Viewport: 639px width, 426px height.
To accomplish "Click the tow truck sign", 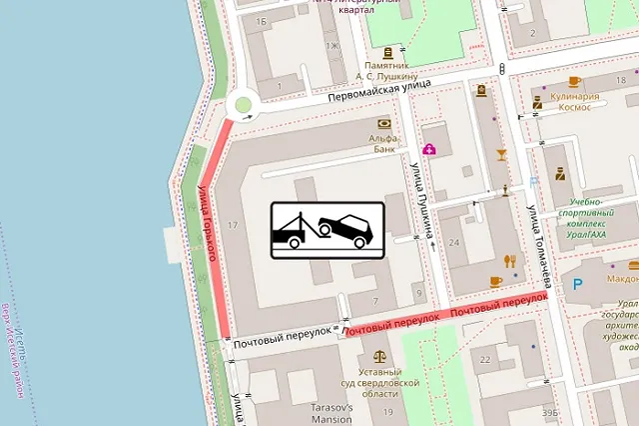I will [326, 230].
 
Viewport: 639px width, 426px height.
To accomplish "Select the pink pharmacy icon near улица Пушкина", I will [429, 150].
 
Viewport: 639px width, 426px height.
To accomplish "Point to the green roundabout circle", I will [242, 105].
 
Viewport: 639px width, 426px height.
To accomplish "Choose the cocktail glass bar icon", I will [501, 154].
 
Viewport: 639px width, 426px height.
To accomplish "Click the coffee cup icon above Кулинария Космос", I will [573, 81].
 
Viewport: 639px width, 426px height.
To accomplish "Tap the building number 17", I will [234, 225].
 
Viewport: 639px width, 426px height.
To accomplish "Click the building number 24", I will [455, 242].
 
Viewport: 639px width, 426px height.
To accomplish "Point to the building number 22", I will [487, 358].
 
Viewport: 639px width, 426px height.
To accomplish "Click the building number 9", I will [419, 292].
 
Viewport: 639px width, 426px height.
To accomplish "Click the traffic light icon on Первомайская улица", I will [502, 69].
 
